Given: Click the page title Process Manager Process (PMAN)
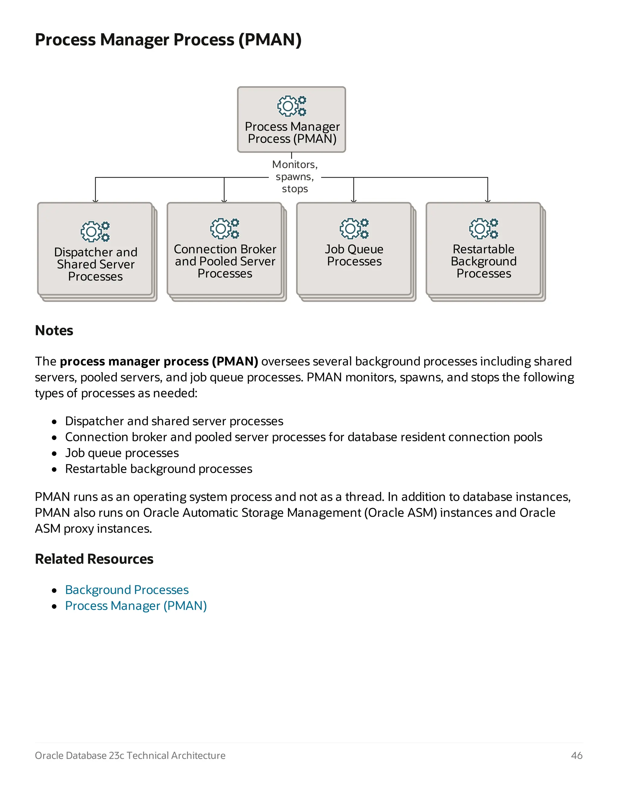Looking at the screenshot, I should pyautogui.click(x=168, y=39).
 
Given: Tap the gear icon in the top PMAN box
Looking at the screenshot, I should pyautogui.click(x=292, y=106).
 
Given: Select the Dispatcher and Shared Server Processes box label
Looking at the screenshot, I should pyautogui.click(x=96, y=264).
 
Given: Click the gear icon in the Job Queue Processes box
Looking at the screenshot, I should pyautogui.click(x=354, y=229).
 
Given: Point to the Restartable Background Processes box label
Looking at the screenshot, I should pyautogui.click(x=483, y=261).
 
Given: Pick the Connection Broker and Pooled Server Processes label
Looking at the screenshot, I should pyautogui.click(x=225, y=261).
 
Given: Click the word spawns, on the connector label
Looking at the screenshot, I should pyautogui.click(x=295, y=177).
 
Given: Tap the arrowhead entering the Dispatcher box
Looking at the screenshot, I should pyautogui.click(x=96, y=201).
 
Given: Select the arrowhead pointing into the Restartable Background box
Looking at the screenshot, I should pyautogui.click(x=488, y=201).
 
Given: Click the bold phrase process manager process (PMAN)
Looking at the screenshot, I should pyautogui.click(x=159, y=362).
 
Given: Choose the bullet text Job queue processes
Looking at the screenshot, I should pyautogui.click(x=122, y=453).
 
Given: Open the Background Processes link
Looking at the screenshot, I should pyautogui.click(x=127, y=590).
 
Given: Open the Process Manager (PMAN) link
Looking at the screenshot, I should pyautogui.click(x=136, y=606).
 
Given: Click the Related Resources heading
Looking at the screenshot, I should pyautogui.click(x=94, y=559).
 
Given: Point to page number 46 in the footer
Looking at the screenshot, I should pyautogui.click(x=577, y=756).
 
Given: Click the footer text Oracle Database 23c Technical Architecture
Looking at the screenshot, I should pyautogui.click(x=130, y=756).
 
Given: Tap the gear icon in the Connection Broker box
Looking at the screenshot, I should pyautogui.click(x=225, y=229).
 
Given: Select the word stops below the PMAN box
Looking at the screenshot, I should pyautogui.click(x=295, y=189).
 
